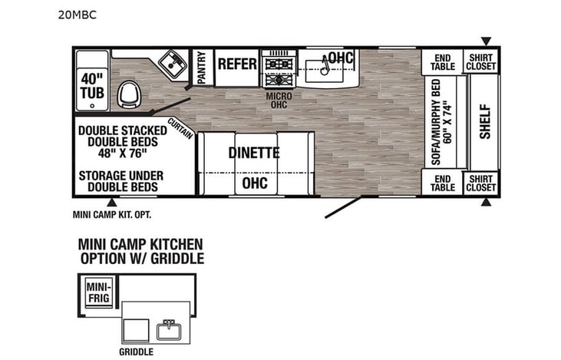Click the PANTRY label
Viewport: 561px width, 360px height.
click(202, 66)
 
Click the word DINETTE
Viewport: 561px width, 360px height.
click(253, 153)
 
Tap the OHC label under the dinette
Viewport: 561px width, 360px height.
click(254, 183)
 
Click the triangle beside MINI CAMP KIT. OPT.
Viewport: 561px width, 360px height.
click(113, 203)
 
